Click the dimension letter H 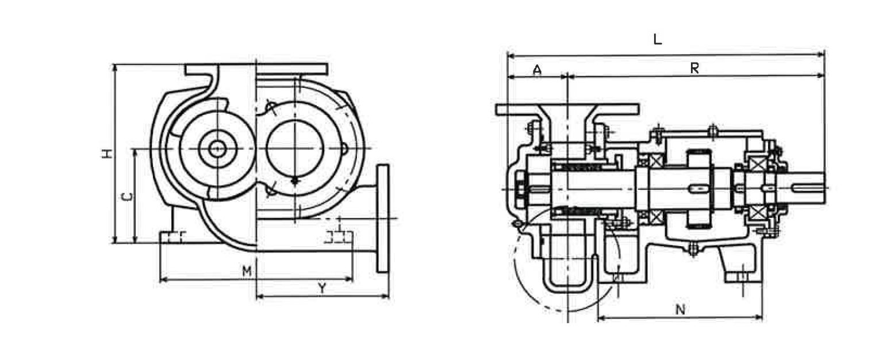[x=107, y=154]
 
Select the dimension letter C [x=127, y=197]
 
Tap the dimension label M [x=247, y=271]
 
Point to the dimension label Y [x=322, y=289]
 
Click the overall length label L [x=658, y=39]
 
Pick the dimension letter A [x=537, y=70]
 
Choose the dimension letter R [x=694, y=68]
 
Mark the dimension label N [x=680, y=310]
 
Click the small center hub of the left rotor [x=217, y=149]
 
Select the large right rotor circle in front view [x=295, y=149]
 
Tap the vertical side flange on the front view [x=382, y=218]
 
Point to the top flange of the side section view [x=567, y=109]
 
